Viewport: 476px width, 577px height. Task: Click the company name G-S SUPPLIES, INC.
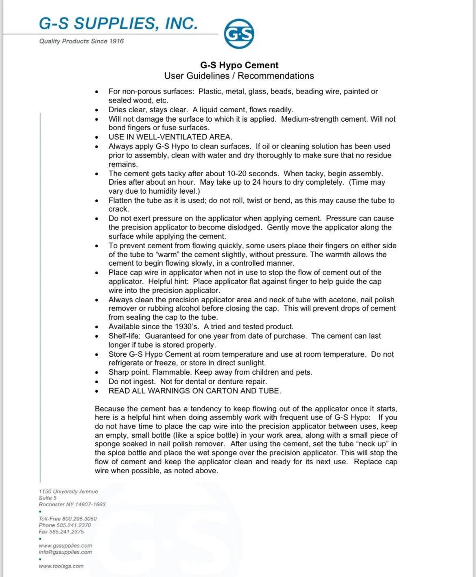(118, 24)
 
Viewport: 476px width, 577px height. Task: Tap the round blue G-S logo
(239, 34)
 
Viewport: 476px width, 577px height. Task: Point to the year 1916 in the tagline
(116, 41)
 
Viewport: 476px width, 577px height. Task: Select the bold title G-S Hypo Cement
(239, 65)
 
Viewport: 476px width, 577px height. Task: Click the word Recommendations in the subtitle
(276, 76)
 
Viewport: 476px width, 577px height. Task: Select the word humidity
(166, 191)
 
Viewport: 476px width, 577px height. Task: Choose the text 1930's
(187, 327)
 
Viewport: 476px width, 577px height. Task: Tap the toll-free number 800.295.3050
(79, 519)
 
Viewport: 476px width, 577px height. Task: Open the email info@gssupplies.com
(66, 552)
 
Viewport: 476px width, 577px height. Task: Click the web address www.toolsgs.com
(61, 566)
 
